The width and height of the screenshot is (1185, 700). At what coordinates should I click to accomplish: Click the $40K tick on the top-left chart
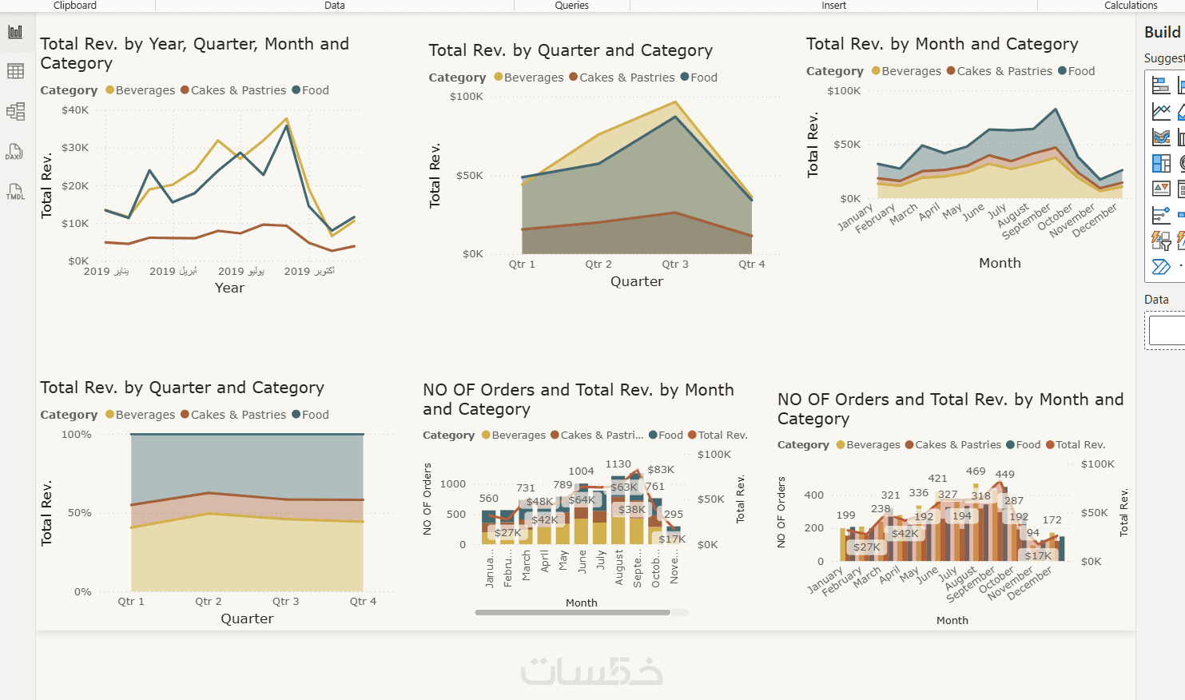tap(75, 110)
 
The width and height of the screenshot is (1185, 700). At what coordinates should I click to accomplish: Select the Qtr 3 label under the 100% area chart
tap(285, 602)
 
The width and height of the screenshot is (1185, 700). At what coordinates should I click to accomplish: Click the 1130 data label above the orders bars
tap(618, 464)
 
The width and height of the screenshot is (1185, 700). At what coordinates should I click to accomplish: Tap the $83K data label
tap(661, 470)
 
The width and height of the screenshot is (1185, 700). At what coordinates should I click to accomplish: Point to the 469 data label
tap(976, 471)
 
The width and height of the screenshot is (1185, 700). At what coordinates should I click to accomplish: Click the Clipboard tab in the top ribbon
tap(75, 6)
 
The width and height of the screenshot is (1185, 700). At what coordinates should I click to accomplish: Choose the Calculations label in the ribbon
tap(1130, 6)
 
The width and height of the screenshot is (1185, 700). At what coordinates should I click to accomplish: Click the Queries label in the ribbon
tap(571, 6)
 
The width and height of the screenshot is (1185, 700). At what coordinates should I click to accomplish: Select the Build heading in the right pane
tap(1162, 32)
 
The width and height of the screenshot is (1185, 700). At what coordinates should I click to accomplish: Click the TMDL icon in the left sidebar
tap(15, 192)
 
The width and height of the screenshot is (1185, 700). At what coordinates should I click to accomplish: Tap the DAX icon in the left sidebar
tap(14, 152)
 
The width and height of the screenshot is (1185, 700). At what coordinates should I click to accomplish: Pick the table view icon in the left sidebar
tap(15, 71)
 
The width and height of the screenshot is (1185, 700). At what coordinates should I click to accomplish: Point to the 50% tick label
tap(79, 513)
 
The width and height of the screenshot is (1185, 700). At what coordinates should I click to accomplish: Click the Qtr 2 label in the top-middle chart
tap(598, 264)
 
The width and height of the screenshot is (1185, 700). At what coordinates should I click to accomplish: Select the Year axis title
tap(229, 288)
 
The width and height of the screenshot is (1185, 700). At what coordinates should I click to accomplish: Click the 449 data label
tap(1004, 475)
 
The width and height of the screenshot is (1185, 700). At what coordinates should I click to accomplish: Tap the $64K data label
tap(582, 500)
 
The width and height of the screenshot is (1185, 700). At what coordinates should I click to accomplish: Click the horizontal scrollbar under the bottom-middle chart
tap(572, 613)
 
